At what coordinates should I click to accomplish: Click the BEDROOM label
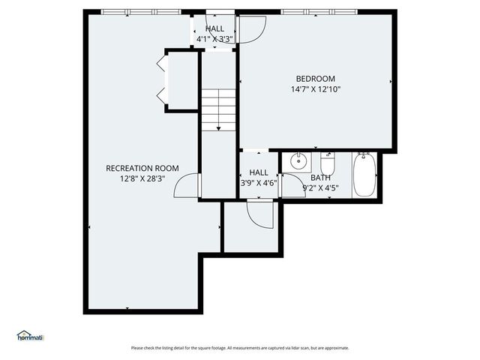315,79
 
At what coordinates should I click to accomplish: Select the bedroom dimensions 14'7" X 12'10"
316,89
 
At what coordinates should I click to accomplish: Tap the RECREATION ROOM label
142,168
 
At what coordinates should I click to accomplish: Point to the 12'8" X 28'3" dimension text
142,178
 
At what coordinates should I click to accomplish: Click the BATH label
320,178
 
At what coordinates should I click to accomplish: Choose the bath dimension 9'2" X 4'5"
320,188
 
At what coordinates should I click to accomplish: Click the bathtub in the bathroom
364,174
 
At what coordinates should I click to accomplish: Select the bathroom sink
298,160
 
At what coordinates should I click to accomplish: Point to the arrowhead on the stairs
218,129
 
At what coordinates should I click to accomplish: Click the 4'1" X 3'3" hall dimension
214,38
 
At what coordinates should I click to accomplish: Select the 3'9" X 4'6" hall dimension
258,182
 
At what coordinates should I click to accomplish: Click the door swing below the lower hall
259,214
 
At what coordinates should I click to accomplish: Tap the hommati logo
31,336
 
